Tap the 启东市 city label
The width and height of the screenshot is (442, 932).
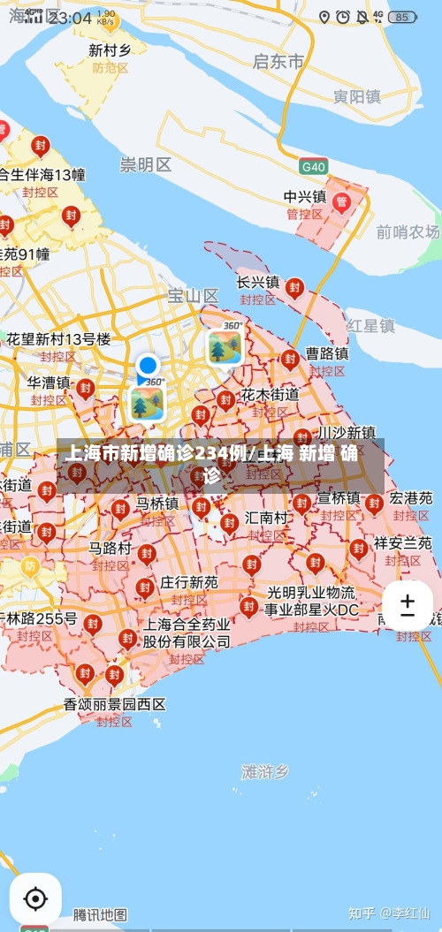coord(278,61)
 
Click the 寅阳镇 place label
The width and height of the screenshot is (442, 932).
coord(356,96)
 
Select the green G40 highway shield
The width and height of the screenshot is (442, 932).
coord(313,166)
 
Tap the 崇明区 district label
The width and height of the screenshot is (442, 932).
coord(146,164)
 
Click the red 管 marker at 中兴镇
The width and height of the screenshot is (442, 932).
coord(341,202)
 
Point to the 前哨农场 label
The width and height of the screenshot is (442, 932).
coord(408,231)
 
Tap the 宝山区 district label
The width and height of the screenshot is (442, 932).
coord(193,295)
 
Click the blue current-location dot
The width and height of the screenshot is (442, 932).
coord(148,365)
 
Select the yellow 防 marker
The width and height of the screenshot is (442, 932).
coord(31,565)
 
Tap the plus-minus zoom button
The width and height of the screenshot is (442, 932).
coord(408,606)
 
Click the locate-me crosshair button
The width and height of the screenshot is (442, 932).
coord(35,899)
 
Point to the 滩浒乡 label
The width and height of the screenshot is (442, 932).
coord(265,771)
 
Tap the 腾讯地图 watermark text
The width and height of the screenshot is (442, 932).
coord(100,914)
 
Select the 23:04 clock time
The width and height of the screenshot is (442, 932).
coord(71,18)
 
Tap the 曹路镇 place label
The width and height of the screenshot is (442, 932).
coord(327,353)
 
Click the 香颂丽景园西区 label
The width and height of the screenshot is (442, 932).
coord(115,704)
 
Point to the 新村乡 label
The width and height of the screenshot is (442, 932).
coord(110,50)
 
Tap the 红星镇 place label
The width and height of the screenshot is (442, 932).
coord(370,325)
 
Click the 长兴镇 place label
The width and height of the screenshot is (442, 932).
coord(257,282)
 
